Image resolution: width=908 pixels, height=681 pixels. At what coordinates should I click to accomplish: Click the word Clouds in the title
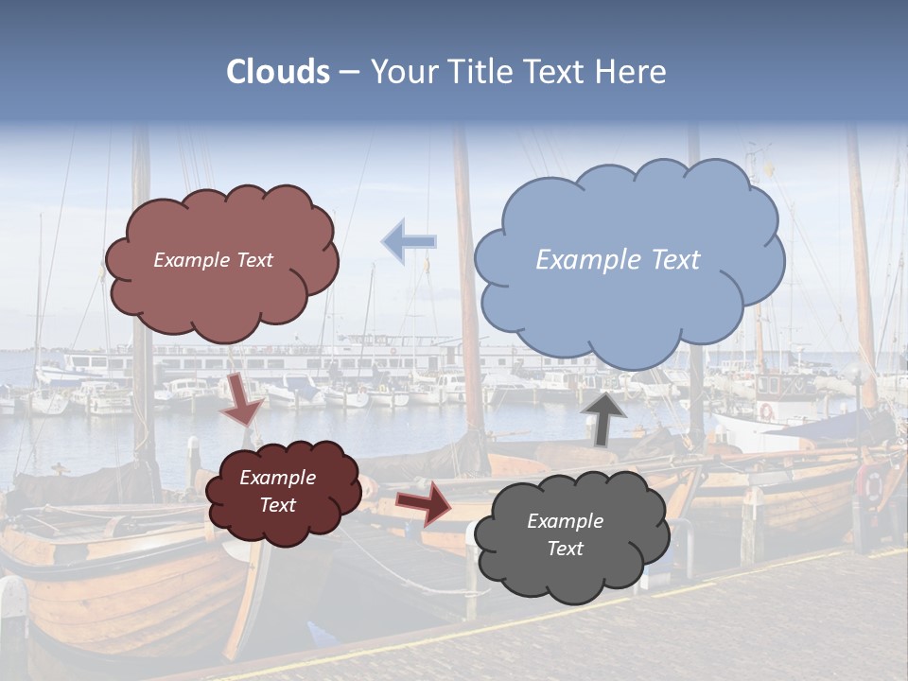278,72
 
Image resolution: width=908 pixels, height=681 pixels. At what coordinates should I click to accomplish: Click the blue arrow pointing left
409,241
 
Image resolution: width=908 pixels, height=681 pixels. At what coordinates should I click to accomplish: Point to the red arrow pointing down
244,400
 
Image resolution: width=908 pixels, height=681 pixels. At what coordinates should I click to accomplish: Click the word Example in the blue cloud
578,259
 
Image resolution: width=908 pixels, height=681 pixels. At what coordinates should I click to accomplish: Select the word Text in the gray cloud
566,549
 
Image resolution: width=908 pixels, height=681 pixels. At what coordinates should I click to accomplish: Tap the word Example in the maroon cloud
278,478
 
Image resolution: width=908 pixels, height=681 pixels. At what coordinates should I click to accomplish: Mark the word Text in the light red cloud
255,260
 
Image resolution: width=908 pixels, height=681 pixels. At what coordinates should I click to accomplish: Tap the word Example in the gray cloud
566,521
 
